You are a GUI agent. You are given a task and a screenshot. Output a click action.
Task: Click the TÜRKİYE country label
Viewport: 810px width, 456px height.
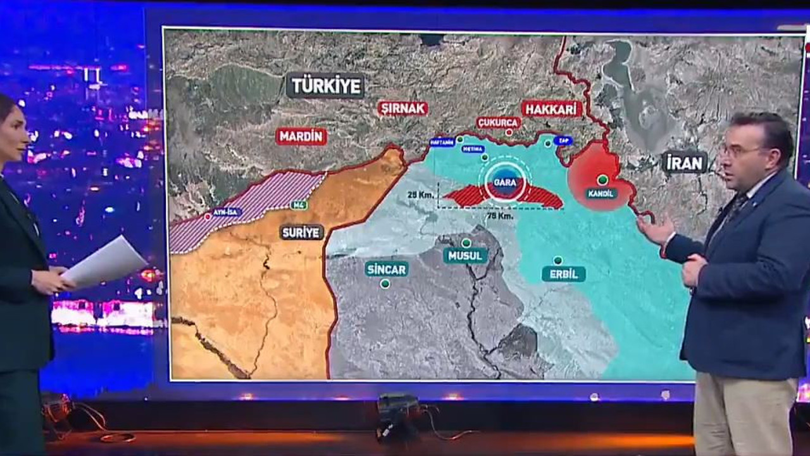325,85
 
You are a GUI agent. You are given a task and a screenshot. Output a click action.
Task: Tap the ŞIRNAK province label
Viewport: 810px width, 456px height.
403,108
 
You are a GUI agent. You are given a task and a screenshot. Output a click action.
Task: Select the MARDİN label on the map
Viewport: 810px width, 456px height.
301,136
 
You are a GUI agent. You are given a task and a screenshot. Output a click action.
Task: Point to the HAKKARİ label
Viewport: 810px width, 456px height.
552,108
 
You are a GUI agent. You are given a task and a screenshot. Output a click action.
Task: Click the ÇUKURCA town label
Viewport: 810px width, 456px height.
499,122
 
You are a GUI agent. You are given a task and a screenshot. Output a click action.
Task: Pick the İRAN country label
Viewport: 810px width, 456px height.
684,163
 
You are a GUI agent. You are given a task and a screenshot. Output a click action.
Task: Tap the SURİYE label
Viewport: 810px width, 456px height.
302,232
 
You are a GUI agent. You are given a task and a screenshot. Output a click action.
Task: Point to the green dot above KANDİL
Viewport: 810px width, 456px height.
602,180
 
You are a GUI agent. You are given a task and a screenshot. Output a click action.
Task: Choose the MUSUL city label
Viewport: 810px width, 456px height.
465,256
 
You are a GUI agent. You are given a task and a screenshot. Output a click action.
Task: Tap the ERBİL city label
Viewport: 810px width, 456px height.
563,274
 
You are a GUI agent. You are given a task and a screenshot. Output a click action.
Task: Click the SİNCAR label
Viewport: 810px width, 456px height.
387,269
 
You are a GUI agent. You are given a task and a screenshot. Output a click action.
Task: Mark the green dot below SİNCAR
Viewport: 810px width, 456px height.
385,284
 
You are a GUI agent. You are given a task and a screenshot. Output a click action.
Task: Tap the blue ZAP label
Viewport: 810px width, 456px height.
563,141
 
